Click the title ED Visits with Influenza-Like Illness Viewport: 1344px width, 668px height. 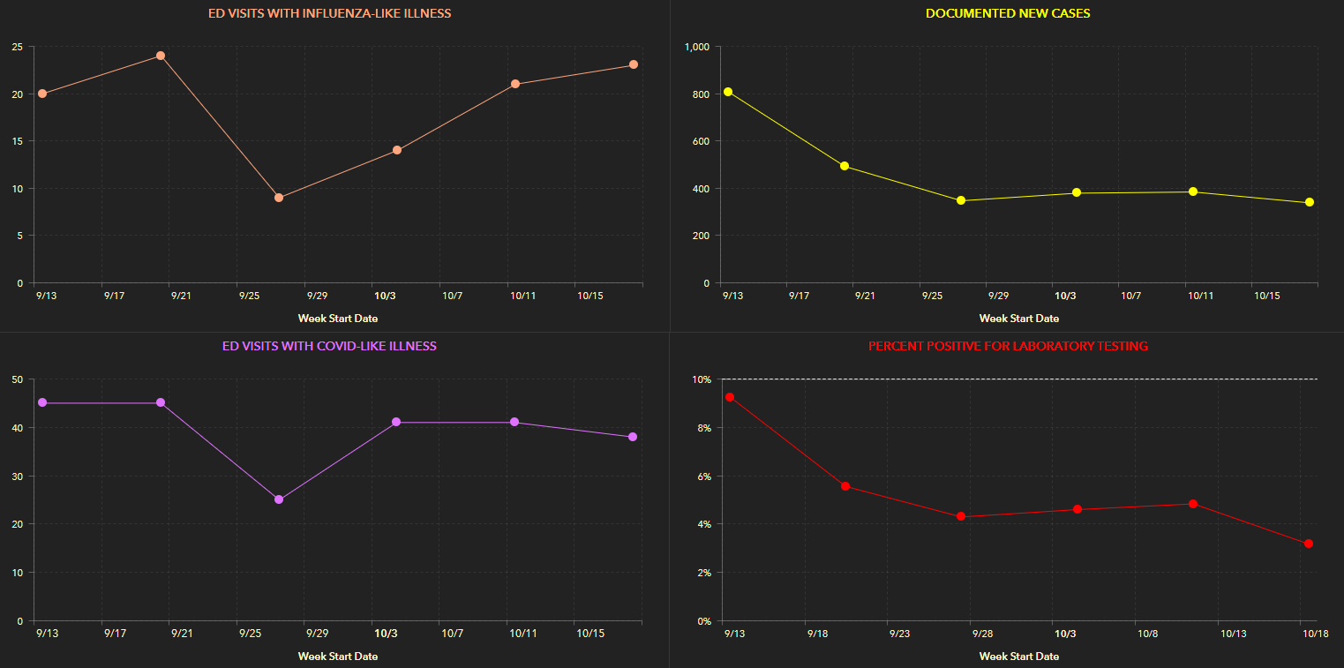pos(329,13)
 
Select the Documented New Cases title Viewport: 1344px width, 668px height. pos(1007,13)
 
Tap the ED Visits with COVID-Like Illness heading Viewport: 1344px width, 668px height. pos(329,346)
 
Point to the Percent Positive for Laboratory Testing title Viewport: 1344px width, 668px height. pos(1008,346)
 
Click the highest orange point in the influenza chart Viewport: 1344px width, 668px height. pos(161,56)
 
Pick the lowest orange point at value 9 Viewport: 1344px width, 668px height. pos(279,198)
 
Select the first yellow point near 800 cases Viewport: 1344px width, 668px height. pos(728,92)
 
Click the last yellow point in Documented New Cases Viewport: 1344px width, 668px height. pos(1310,202)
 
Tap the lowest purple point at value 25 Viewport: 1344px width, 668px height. pos(279,499)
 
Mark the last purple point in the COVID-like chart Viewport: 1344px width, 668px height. pos(633,437)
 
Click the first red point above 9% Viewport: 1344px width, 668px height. pos(730,397)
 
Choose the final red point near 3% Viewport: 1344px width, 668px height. pos(1309,544)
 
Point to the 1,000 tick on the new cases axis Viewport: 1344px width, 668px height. pos(697,47)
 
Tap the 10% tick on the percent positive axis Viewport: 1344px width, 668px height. pos(701,379)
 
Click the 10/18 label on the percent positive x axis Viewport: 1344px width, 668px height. pos(1315,634)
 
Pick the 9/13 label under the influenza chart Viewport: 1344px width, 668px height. pos(47,296)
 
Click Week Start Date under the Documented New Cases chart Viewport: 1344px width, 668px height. pos(1018,319)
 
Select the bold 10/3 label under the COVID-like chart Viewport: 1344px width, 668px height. pos(386,634)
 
